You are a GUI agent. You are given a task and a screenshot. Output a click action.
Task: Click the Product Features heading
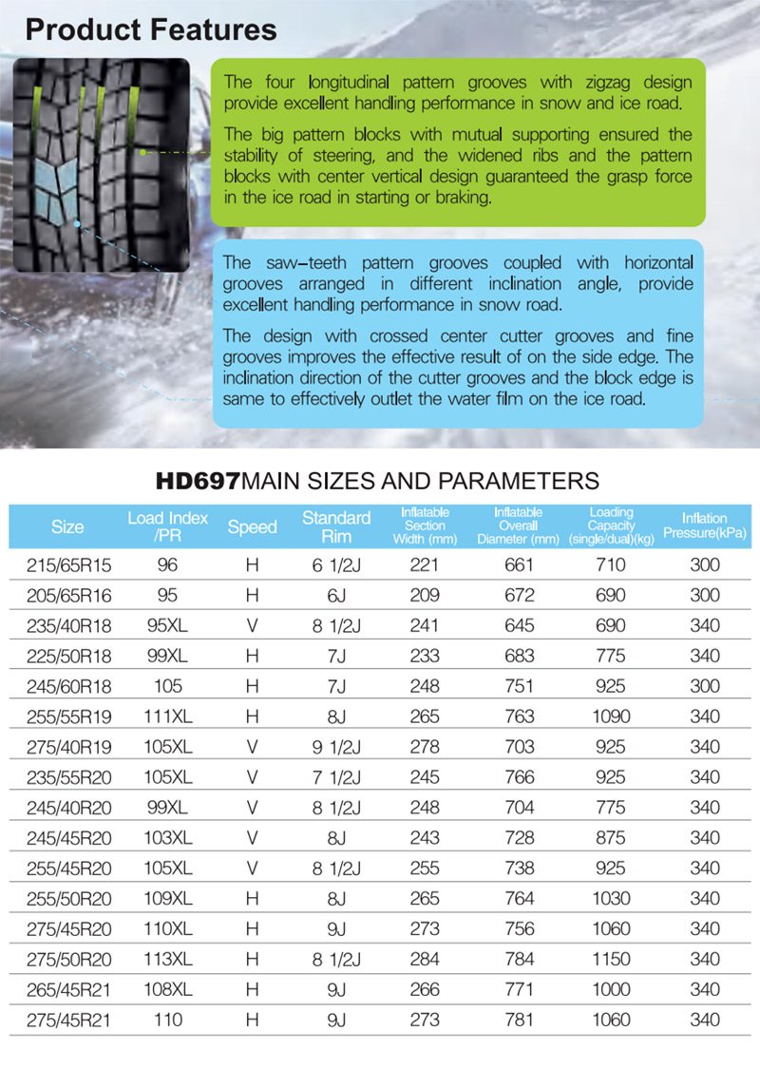(151, 29)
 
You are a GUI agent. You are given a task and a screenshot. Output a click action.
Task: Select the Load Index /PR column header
(167, 527)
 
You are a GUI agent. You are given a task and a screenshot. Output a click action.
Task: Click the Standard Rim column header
(335, 526)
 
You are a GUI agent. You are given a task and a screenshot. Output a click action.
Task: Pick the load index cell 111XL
(167, 716)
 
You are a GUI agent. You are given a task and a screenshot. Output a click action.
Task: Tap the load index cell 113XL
(167, 960)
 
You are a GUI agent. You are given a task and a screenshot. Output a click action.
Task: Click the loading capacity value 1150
(611, 960)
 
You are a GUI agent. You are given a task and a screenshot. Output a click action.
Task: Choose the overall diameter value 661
(519, 564)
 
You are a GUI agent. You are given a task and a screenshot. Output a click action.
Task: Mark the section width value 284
(425, 960)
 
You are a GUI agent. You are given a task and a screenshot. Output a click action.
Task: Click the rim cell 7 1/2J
(336, 777)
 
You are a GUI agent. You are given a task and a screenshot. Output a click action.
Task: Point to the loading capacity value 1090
(611, 716)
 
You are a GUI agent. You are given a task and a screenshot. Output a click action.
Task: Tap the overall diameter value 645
(519, 625)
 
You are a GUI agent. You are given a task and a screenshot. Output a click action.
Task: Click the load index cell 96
(167, 564)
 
